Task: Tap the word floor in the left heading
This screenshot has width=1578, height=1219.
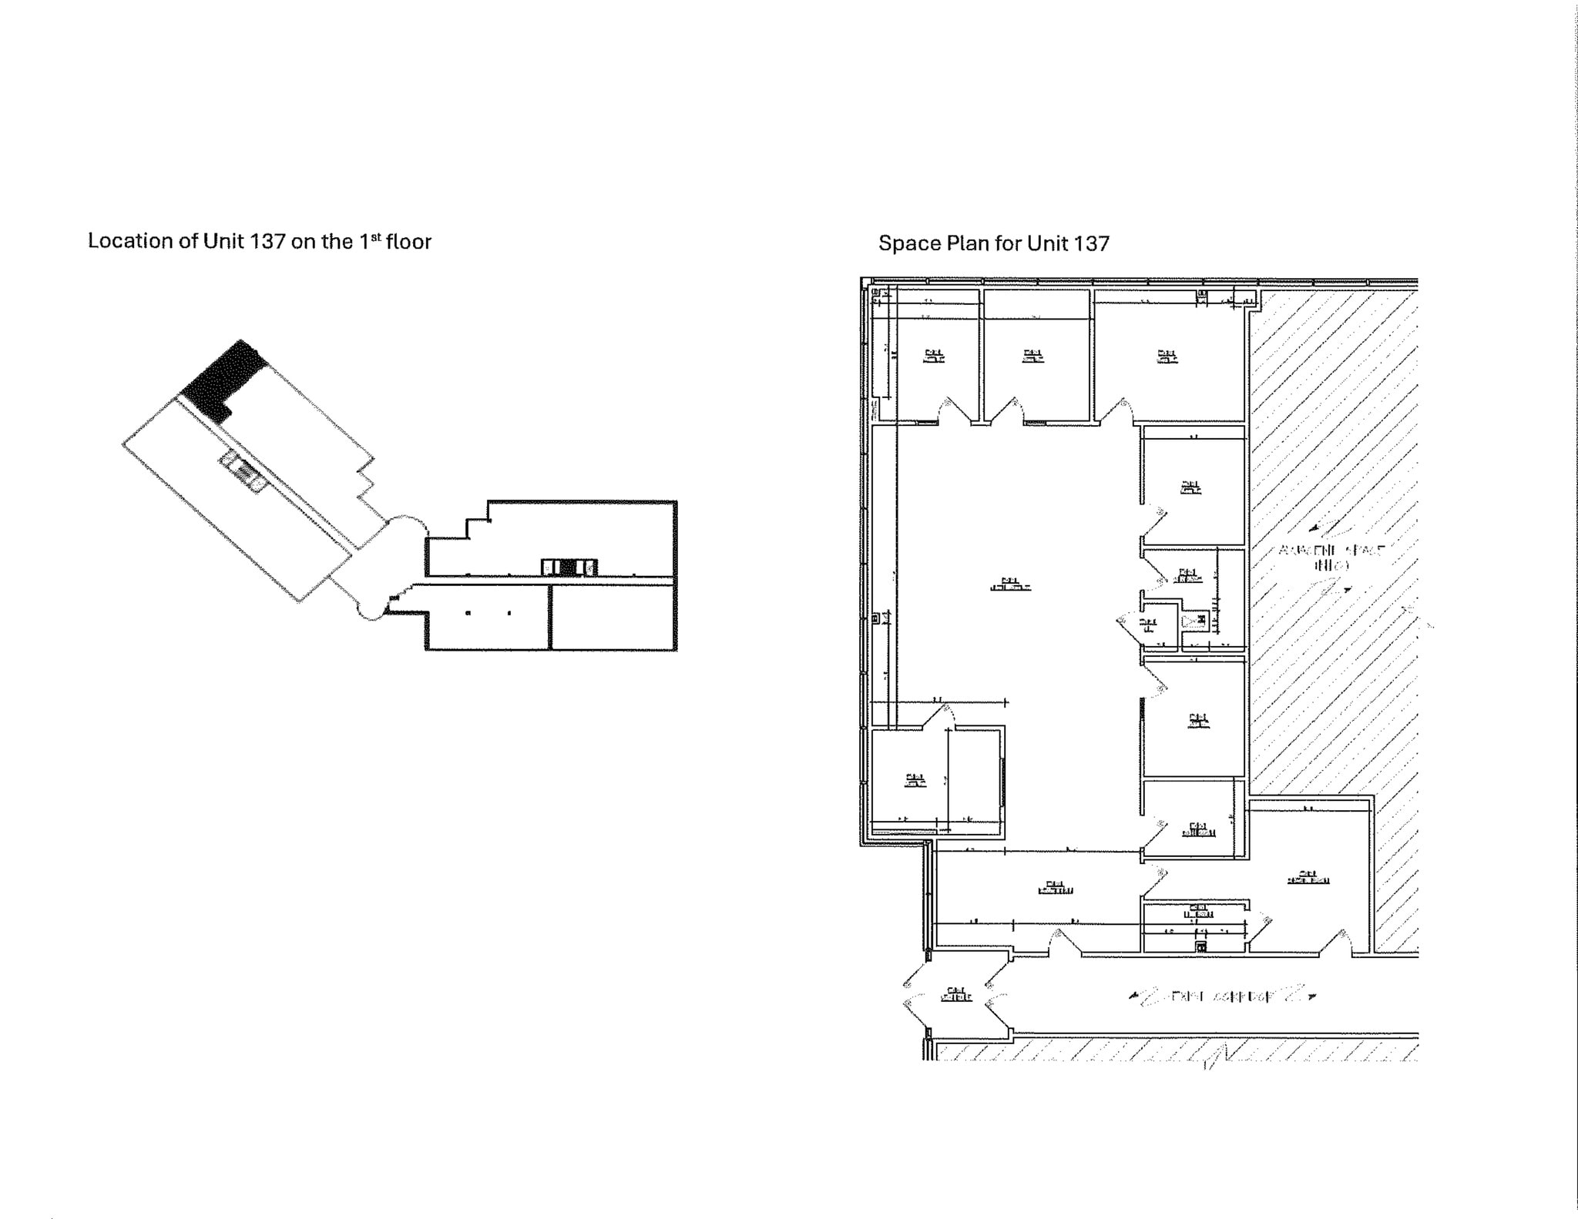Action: pyautogui.click(x=408, y=241)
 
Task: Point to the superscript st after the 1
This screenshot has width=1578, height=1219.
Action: pyautogui.click(x=376, y=236)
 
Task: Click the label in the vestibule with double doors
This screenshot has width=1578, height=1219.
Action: pyautogui.click(x=955, y=994)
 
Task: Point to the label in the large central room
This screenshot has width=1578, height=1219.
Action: pyautogui.click(x=1010, y=584)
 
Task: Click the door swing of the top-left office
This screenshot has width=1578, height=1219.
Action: pyautogui.click(x=948, y=410)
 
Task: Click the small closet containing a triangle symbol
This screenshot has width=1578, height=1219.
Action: pyautogui.click(x=1194, y=621)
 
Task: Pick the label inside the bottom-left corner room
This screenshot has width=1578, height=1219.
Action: pyautogui.click(x=915, y=781)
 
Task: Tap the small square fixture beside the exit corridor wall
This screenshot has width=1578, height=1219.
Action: pyautogui.click(x=1200, y=946)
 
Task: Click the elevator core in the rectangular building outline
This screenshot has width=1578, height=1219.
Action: pyautogui.click(x=569, y=568)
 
